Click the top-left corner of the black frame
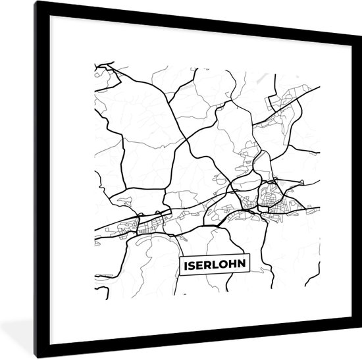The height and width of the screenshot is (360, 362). click(x=36, y=2)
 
